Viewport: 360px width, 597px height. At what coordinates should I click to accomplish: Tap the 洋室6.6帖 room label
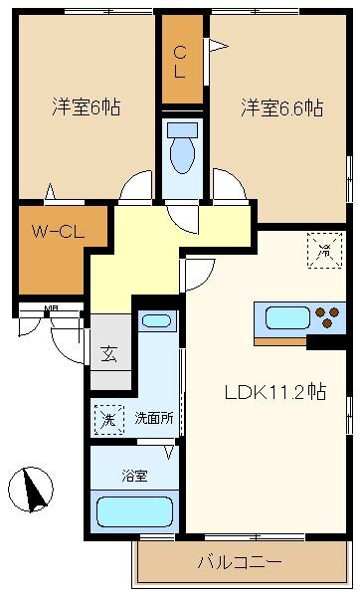[x=281, y=107]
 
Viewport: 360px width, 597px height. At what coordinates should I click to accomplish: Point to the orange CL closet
[x=182, y=62]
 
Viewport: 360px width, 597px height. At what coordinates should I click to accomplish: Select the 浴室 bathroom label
[x=134, y=476]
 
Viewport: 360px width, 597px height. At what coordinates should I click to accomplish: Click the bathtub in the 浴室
[x=133, y=512]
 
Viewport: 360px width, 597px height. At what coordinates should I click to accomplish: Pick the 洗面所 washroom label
[x=154, y=419]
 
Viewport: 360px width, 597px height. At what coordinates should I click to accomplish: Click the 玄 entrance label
[x=106, y=352]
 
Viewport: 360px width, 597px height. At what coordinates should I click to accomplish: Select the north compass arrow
[x=32, y=490]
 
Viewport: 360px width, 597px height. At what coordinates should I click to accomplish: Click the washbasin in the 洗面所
[x=155, y=321]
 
